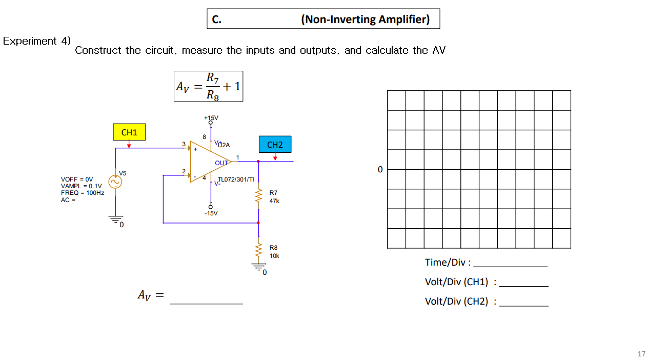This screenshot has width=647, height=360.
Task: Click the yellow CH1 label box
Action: (x=129, y=132)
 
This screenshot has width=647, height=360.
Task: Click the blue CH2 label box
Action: (x=275, y=145)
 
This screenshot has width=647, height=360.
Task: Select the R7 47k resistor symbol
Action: (x=258, y=196)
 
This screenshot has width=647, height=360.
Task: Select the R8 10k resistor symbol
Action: (x=258, y=251)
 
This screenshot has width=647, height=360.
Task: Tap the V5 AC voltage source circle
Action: (x=115, y=182)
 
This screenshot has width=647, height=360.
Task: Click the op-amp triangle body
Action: (x=208, y=162)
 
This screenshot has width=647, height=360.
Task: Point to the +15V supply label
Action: (x=211, y=118)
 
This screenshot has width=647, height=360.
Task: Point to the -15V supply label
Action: (x=211, y=213)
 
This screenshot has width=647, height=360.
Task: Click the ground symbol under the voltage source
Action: (x=115, y=219)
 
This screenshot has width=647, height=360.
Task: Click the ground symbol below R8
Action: (x=258, y=267)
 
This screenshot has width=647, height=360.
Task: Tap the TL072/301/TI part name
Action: (x=236, y=179)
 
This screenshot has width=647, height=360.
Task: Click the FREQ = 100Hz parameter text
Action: (x=83, y=193)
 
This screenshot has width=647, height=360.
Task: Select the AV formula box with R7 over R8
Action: (x=208, y=86)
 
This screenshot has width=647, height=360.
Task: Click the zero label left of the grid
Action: (x=380, y=170)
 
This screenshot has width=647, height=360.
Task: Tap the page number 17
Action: (x=641, y=354)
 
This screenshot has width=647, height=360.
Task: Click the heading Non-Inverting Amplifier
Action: (x=365, y=19)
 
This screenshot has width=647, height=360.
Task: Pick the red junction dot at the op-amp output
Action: (x=258, y=162)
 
